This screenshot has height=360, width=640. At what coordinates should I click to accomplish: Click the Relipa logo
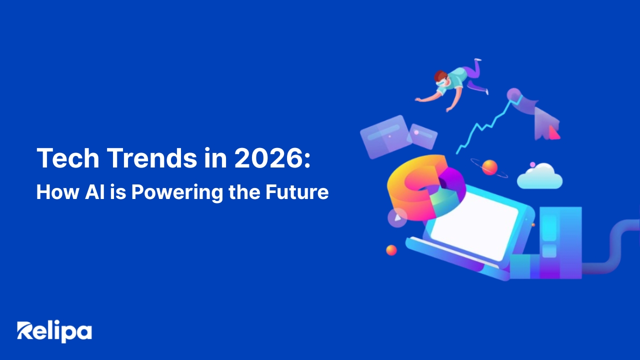pos(54,331)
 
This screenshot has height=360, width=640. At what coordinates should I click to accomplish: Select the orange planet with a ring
pos(489,167)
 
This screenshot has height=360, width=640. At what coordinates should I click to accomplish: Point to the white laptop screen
pos(474,225)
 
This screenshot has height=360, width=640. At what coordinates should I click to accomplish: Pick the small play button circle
pos(397,217)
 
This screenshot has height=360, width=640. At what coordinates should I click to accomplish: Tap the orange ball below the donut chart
pos(391,250)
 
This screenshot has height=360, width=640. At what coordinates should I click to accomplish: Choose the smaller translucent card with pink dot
pos(422,136)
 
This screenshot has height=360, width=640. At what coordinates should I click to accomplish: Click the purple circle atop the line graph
pos(513,94)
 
